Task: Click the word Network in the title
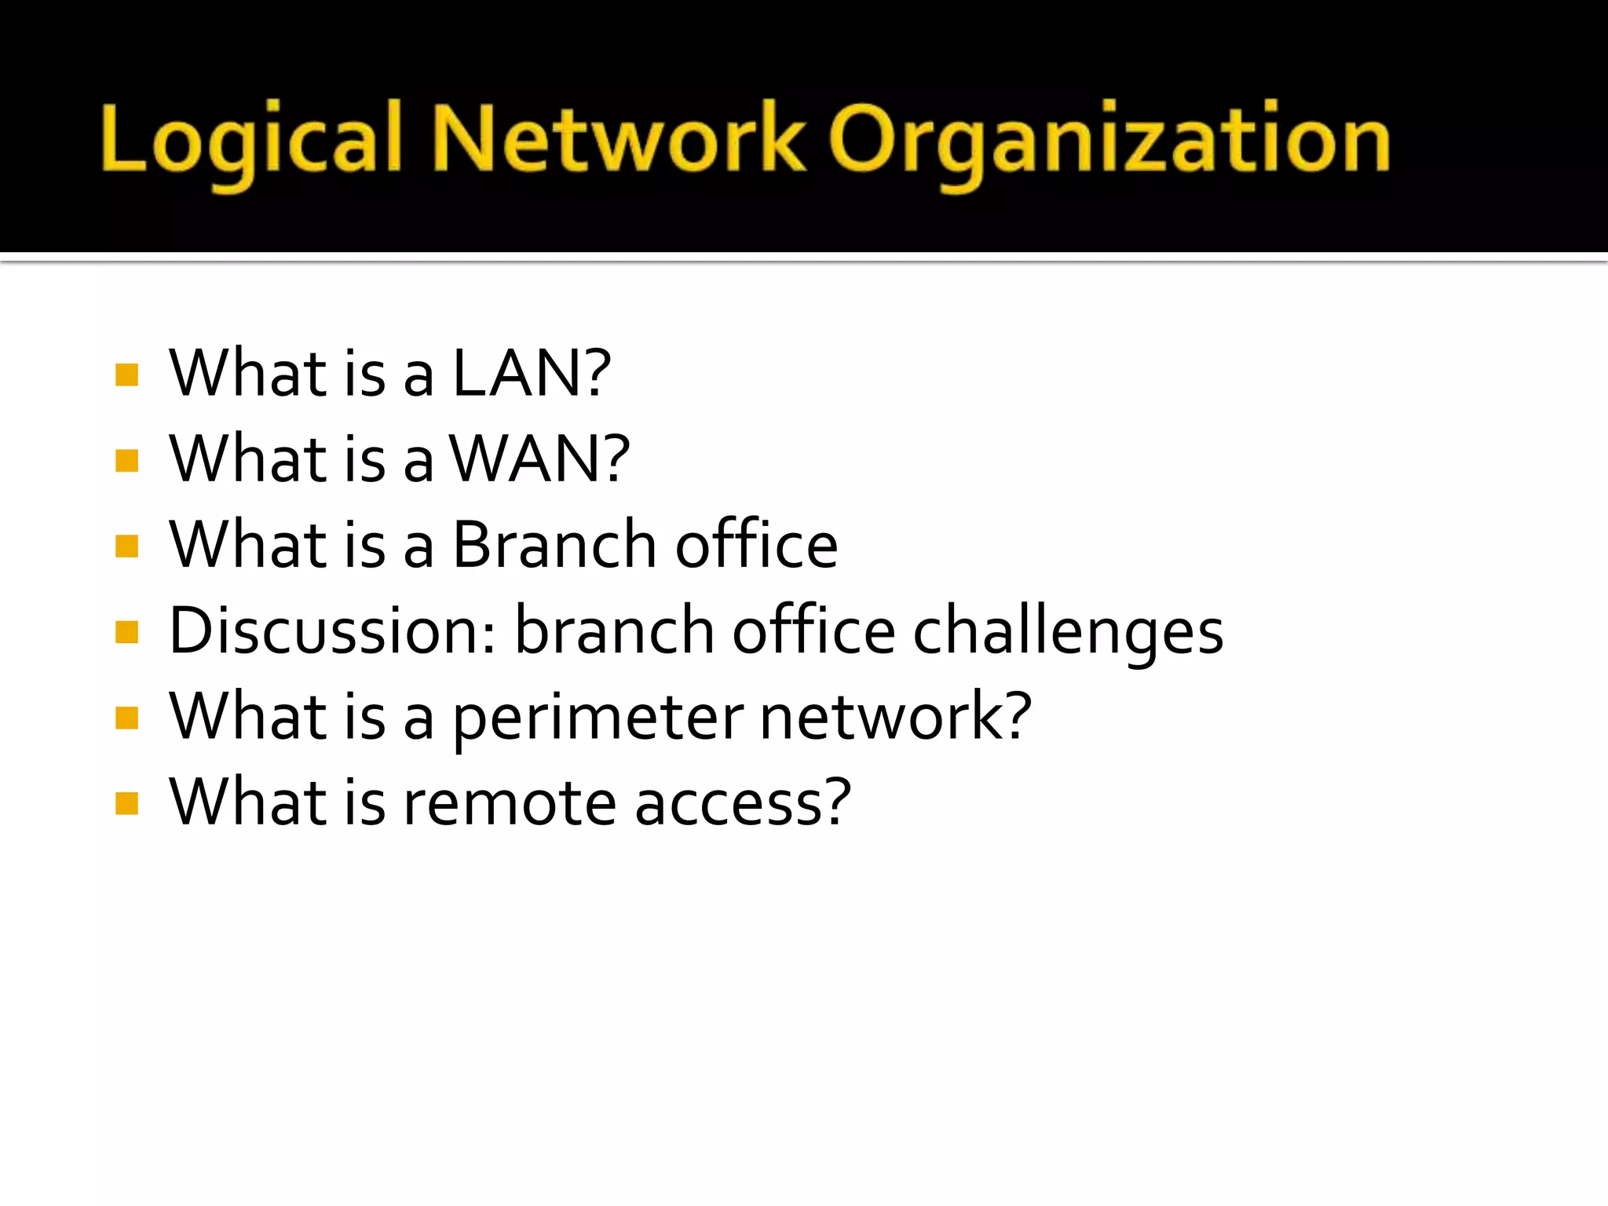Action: point(618,140)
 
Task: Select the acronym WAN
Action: point(524,459)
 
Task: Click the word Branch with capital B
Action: point(554,545)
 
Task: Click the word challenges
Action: point(1068,632)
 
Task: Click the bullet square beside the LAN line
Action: point(126,375)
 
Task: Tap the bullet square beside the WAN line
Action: point(126,461)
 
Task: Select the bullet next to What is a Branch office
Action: point(126,546)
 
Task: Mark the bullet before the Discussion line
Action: point(126,632)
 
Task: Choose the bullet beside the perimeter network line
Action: point(126,718)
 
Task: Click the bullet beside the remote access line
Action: point(126,803)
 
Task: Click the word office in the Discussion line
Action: point(813,630)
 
